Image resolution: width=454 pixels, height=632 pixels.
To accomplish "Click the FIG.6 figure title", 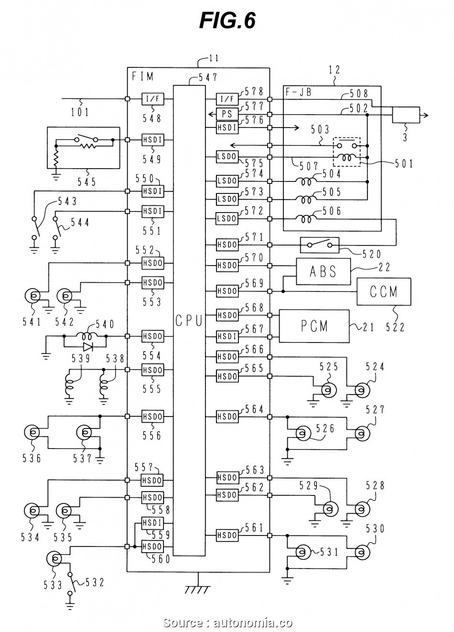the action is [x=227, y=21].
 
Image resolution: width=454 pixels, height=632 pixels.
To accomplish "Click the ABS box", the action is [x=323, y=271].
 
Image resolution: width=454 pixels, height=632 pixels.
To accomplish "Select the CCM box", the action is [x=384, y=291].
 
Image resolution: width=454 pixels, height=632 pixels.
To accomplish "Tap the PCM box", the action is [x=314, y=326].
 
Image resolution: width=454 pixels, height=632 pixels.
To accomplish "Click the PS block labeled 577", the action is [x=227, y=114].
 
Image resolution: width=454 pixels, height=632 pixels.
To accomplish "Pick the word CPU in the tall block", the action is [x=189, y=321].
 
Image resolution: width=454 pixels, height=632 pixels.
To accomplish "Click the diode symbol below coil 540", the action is [x=88, y=347].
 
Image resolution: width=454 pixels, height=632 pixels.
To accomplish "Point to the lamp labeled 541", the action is [x=32, y=296].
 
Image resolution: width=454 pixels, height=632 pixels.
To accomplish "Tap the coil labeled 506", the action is [x=306, y=218].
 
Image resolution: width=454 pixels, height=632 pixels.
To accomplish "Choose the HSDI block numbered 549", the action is [x=152, y=139].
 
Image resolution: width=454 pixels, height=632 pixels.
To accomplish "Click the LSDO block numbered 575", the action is [x=227, y=157].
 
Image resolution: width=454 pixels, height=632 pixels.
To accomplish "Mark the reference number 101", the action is [x=80, y=112].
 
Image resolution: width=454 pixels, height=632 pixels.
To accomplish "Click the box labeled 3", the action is [x=406, y=115].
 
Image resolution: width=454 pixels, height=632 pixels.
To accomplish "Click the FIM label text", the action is [x=142, y=76].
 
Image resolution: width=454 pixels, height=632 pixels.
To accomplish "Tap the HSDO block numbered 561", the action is [x=227, y=535].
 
